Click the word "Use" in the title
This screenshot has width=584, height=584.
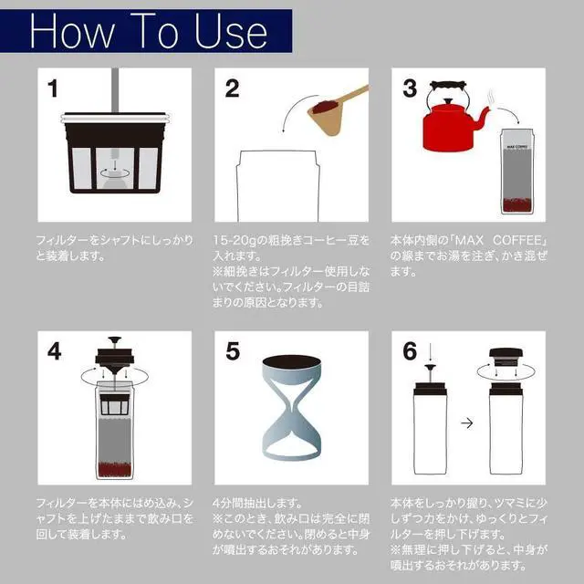pos(231,32)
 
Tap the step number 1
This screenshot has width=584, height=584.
pos(53,89)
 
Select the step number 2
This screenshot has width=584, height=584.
pos(232,89)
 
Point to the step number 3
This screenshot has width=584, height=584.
pos(410,89)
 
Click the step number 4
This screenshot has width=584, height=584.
pos(55,351)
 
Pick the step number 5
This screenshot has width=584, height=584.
pos(233,351)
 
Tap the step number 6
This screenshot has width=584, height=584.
pos(410,351)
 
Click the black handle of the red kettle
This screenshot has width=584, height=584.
pos(448,85)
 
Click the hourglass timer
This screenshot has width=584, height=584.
pos(291,408)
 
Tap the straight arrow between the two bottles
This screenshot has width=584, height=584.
pos(466,423)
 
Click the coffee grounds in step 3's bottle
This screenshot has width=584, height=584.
pos(516,204)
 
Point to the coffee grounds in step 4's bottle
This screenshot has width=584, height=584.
pos(114,469)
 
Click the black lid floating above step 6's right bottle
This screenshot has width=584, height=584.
pos(506,357)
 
